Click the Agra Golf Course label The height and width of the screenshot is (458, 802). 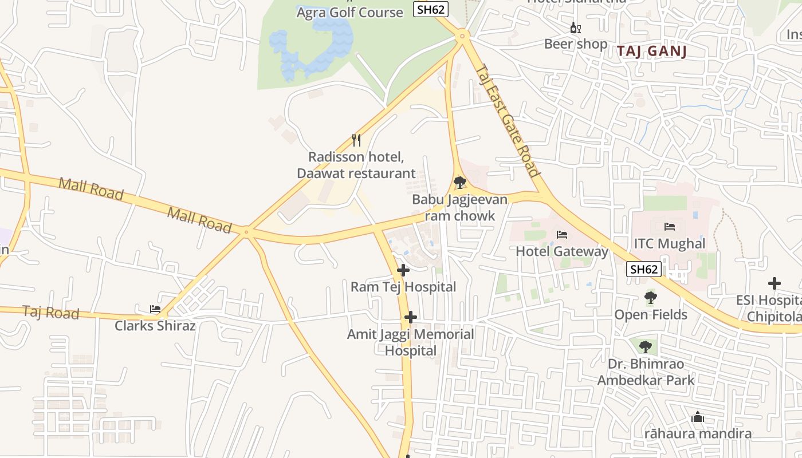349,12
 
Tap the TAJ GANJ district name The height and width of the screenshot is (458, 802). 652,52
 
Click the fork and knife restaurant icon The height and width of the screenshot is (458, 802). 356,140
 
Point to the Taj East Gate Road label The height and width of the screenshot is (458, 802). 508,120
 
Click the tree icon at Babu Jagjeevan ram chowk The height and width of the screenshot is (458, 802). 459,183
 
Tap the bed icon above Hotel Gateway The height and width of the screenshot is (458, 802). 562,235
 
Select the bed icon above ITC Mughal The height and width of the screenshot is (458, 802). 669,227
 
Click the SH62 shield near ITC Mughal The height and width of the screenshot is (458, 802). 644,269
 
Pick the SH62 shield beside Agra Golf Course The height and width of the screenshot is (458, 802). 430,9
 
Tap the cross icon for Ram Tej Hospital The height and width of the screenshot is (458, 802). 403,270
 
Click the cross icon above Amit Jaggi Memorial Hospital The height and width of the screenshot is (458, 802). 410,317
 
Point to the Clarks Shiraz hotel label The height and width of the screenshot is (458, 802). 155,326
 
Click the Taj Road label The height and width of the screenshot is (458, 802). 51,313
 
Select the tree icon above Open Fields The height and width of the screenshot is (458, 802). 650,298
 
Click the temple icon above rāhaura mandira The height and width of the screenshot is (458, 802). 698,417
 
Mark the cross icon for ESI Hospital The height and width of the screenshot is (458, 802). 775,283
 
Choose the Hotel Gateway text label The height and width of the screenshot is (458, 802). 562,251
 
